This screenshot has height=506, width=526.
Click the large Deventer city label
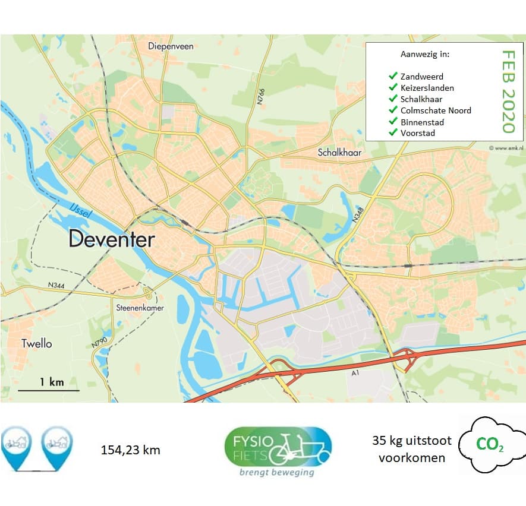(x=112, y=239)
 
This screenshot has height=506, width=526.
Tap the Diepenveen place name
(x=171, y=46)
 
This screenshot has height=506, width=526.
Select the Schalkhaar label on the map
(x=339, y=151)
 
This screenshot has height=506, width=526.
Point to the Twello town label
(x=36, y=343)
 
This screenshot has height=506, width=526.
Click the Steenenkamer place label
(x=140, y=308)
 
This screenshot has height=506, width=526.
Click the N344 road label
(x=57, y=286)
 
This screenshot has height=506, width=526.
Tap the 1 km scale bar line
(x=48, y=390)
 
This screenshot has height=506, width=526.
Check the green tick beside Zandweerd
(x=392, y=76)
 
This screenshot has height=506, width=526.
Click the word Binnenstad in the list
(x=422, y=122)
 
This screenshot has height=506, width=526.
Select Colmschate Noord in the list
(x=436, y=110)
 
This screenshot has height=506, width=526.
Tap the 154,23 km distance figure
(x=130, y=450)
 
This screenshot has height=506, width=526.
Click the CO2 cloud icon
(x=490, y=444)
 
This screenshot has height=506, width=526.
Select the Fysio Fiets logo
(x=278, y=450)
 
